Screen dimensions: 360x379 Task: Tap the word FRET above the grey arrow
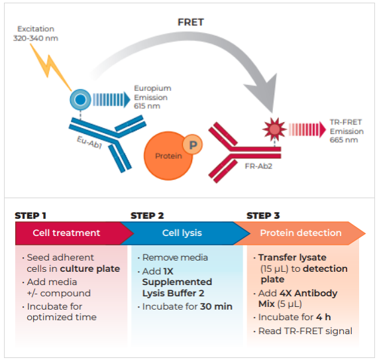click(x=190, y=22)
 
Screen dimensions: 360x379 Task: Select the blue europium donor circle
click(x=80, y=100)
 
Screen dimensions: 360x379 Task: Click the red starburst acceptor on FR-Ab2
click(x=272, y=126)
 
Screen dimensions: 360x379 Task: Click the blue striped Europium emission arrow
click(x=110, y=99)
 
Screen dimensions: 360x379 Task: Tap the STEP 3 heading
click(x=264, y=215)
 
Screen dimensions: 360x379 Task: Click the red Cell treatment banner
click(x=68, y=233)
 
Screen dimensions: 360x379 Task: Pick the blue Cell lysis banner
click(x=182, y=233)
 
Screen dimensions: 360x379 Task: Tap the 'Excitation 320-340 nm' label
click(x=34, y=34)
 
